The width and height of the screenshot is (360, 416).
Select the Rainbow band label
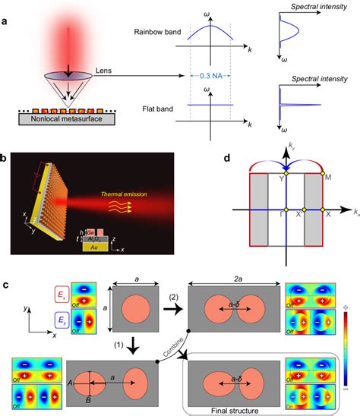click(155, 33)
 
